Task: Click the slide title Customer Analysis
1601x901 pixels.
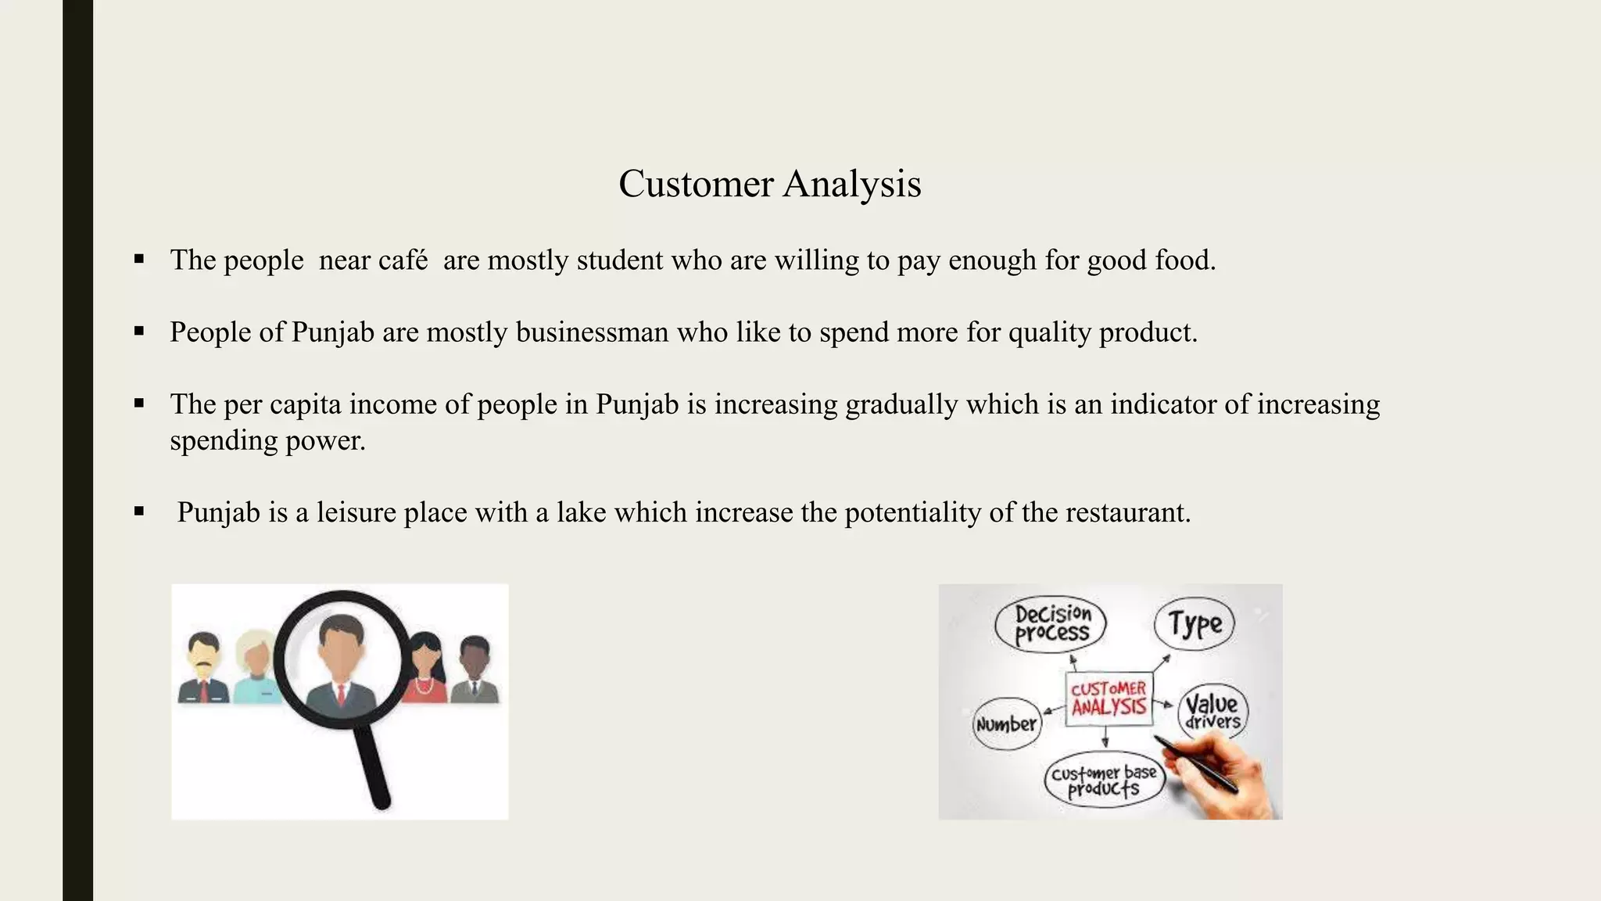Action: tap(769, 184)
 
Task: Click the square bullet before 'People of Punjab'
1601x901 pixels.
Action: tap(139, 332)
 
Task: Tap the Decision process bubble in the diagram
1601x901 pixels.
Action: tap(1051, 624)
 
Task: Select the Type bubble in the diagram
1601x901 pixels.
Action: tap(1194, 624)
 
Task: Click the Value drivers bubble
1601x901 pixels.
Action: tap(1212, 711)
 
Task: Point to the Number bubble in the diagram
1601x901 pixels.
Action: tap(1006, 724)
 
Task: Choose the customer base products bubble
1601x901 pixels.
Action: tap(1104, 780)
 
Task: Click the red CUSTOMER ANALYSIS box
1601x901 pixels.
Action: tap(1109, 698)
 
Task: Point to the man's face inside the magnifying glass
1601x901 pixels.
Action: tap(342, 649)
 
